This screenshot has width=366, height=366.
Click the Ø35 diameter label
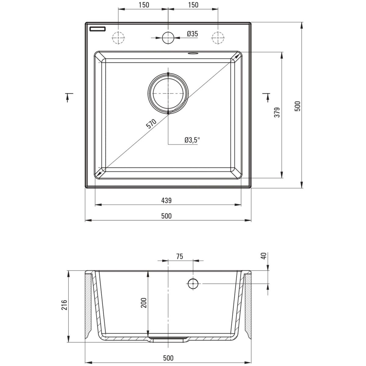click(192, 34)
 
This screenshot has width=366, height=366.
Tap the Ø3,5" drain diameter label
click(192, 140)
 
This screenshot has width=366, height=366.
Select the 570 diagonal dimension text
click(151, 124)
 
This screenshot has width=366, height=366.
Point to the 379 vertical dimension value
click(277, 112)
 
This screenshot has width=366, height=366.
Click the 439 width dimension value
click(167, 201)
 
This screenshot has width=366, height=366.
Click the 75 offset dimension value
click(179, 257)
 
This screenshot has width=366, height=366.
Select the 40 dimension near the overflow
click(264, 256)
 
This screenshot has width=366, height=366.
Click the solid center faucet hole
click(168, 38)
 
